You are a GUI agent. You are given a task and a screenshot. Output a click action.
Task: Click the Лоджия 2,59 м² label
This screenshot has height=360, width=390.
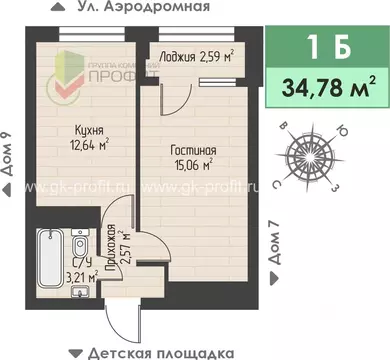(x=196, y=57)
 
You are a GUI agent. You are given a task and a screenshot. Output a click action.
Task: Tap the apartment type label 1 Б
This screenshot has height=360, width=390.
(x=326, y=47)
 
